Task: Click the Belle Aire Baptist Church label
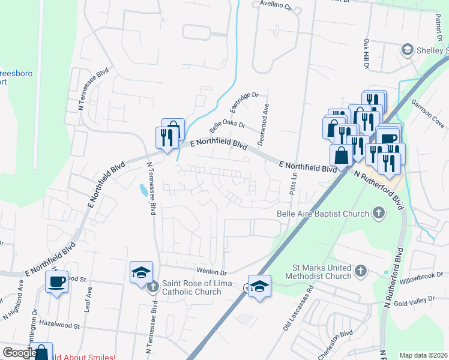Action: point(322,213)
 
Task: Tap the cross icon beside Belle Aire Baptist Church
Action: point(379,212)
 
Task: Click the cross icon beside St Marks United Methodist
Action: point(360,271)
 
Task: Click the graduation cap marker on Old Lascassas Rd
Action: point(259,286)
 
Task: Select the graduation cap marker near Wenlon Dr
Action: point(142,272)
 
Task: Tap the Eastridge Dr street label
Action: point(244,103)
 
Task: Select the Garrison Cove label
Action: point(428,113)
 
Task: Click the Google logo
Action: point(20,353)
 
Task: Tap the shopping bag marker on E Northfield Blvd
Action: point(341,155)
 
